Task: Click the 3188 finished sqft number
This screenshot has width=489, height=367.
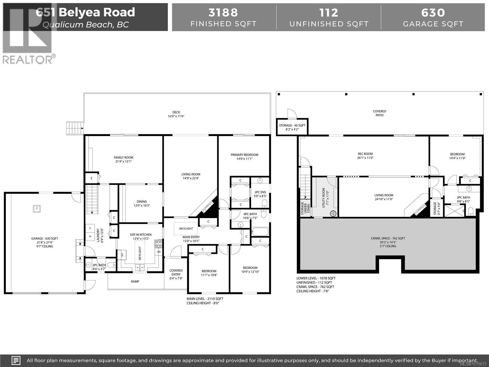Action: pos(223,13)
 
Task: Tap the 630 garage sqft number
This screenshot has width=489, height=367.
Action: pos(433,13)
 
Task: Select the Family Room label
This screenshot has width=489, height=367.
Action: pos(123,159)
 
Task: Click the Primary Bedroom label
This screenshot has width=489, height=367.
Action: pos(244,157)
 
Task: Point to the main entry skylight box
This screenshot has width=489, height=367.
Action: pos(186,228)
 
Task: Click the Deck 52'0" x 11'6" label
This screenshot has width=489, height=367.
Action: pos(176,114)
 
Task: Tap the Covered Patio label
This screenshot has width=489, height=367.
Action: pos(379,113)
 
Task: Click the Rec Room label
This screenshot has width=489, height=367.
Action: pos(365,156)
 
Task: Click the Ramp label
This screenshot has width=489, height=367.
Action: pos(135,281)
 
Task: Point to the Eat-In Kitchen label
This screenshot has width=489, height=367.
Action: pos(141,237)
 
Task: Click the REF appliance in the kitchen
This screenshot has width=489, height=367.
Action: pos(122,254)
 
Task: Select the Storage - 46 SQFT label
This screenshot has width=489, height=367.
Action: pos(292,127)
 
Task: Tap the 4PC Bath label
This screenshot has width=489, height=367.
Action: pos(250,216)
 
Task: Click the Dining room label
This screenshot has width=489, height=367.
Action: pos(142,203)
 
